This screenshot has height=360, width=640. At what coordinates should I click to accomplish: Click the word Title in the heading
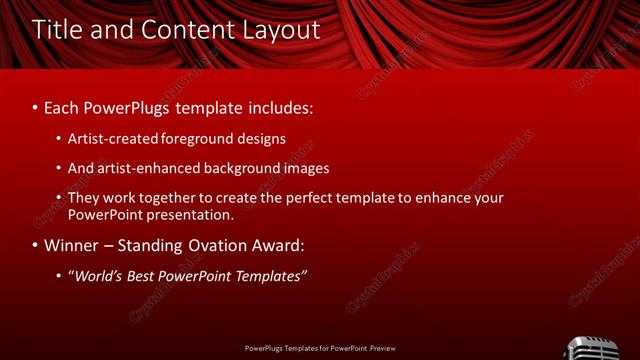click(x=56, y=30)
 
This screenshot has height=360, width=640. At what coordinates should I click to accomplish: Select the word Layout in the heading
click(x=282, y=30)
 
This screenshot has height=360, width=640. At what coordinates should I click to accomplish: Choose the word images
click(x=303, y=168)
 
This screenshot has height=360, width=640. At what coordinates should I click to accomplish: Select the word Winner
click(x=71, y=245)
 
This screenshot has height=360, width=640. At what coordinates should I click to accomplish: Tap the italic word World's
click(x=97, y=275)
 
